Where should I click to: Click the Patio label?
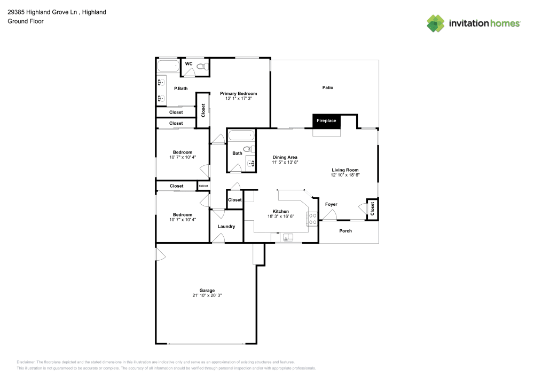pos(328,87)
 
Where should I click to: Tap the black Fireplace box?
pos(327,122)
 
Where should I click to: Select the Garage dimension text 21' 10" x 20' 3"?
pos(207,295)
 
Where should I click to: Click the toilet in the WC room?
pos(201,66)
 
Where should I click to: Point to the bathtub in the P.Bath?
pos(168,66)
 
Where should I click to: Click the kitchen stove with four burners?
pos(312,219)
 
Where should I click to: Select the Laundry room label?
pos(226,227)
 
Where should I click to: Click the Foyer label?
pos(331,204)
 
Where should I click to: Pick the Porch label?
pos(345,231)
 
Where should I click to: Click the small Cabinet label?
pos(203,186)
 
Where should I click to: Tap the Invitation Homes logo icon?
pos(436,23)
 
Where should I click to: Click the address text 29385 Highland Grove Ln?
pos(42,12)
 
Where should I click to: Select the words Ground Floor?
pos(26,21)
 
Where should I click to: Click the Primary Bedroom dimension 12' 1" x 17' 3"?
pos(238,99)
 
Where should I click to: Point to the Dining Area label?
pos(285,157)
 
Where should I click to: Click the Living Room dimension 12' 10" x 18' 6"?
pos(345,175)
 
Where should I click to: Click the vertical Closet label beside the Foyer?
pos(372,208)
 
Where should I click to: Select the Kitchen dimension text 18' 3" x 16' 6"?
pos(281,216)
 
